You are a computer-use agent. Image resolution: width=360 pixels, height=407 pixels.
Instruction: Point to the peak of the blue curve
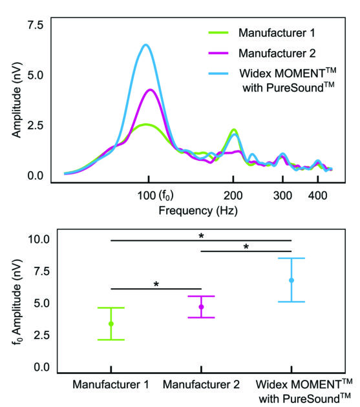coord(146,45)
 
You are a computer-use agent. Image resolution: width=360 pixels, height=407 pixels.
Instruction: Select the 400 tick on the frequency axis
coord(317,195)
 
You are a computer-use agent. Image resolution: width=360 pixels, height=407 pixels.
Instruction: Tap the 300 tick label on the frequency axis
coord(282,195)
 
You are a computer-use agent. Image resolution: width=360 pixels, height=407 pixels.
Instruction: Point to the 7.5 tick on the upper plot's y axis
coord(35,24)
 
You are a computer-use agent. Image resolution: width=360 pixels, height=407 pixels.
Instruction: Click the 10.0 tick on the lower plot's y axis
coord(38,239)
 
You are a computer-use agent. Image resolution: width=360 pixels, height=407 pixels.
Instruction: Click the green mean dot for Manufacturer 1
coord(111,324)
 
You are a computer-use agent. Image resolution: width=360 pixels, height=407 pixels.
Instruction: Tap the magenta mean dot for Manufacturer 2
coord(201,307)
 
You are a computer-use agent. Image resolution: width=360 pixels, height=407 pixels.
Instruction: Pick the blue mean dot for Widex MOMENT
coord(291,280)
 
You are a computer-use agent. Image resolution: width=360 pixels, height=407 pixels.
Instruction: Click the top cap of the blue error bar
coord(291,258)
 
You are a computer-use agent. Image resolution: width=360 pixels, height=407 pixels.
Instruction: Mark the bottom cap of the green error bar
coord(111,340)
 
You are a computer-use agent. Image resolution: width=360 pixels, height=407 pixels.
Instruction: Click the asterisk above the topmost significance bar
coord(201,236)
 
